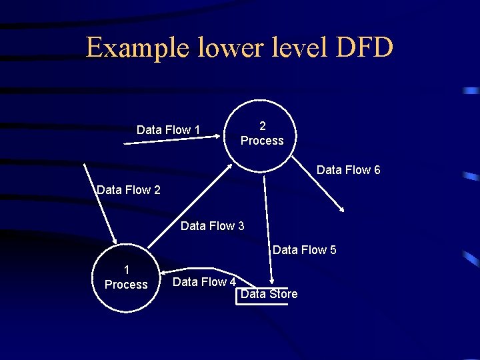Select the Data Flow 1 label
168,130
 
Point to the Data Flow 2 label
129,190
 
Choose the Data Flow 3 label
212,226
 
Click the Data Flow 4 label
205,282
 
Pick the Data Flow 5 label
304,250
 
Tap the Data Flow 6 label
349,170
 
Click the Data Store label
269,294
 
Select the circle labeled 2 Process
262,134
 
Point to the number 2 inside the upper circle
262,126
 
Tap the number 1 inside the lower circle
127,270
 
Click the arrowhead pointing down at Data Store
271,282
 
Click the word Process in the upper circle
262,141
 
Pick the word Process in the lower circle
126,285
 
